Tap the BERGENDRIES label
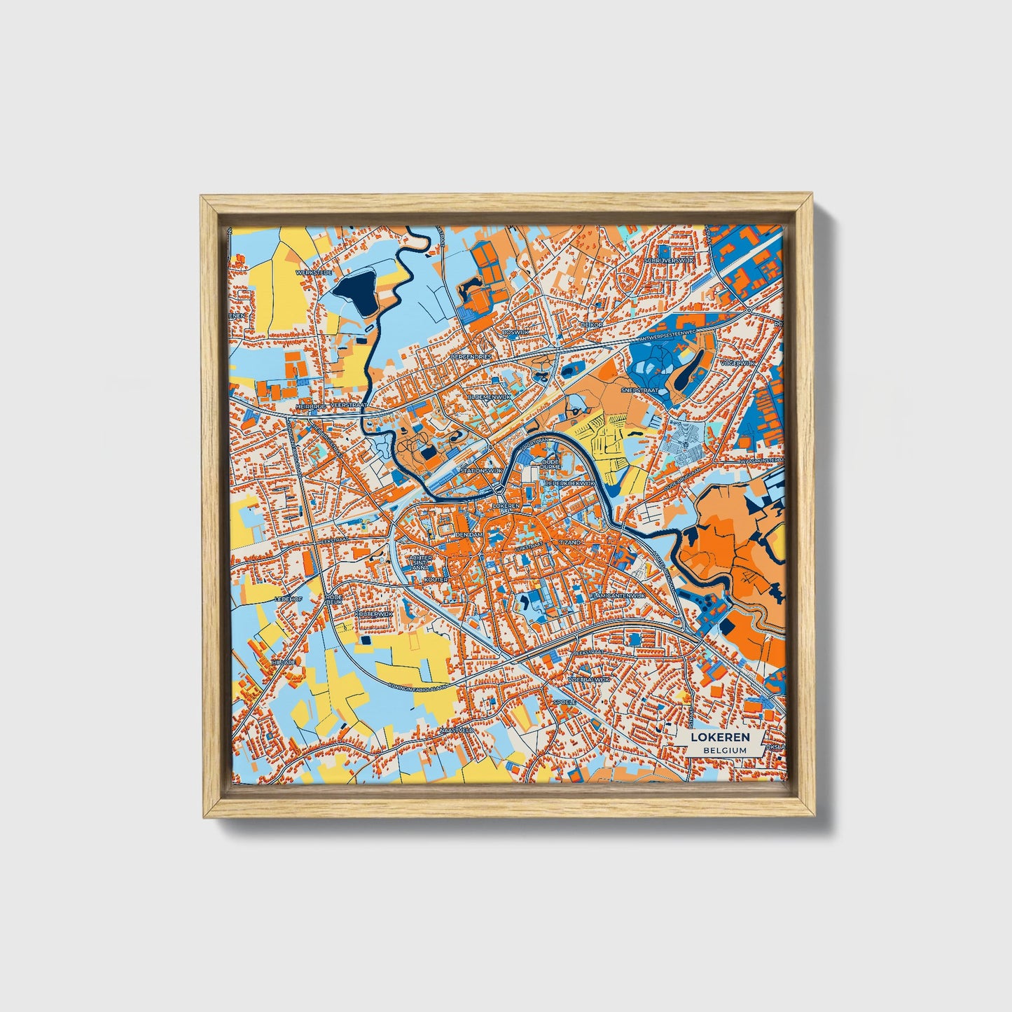473,356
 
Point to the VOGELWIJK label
731,364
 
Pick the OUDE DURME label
550,463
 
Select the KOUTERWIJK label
372,613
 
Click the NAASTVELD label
457,730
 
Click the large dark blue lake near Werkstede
355,292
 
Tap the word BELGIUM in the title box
721,749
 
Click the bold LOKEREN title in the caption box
721,737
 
